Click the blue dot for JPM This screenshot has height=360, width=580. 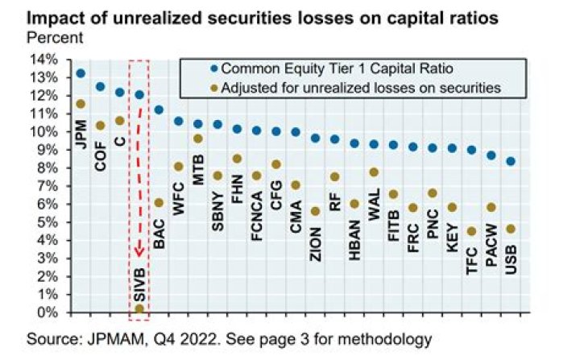81,73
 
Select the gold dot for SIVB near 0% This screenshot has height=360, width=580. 139,308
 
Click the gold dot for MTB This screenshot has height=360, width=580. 198,139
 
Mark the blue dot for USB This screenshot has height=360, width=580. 511,161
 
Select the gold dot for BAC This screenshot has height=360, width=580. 159,202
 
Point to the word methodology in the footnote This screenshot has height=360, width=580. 385,337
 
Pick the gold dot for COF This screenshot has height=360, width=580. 100,125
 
